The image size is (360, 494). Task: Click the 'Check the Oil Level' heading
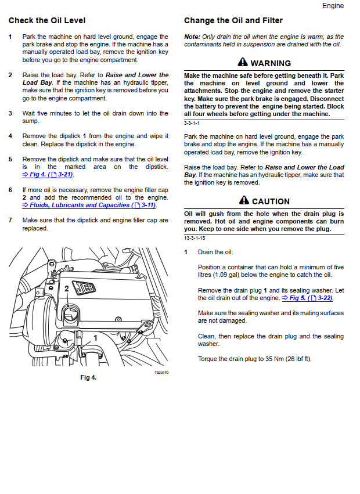pos(47,21)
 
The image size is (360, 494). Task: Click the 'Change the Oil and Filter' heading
pos(233,21)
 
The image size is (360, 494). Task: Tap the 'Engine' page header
pos(333,6)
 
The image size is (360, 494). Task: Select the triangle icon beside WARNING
pos(243,63)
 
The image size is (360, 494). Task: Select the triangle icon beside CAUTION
pos(244,201)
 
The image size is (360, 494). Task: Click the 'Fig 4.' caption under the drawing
pos(88,377)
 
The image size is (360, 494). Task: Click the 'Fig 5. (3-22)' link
pos(307,298)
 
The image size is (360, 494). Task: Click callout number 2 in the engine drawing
pos(67,289)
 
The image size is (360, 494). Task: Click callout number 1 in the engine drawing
pos(95,337)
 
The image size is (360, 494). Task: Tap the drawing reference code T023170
pos(161,373)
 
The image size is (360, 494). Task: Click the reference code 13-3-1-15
pos(194,238)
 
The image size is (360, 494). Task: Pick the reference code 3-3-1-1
pos(192,123)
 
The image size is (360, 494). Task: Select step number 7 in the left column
pos(10,221)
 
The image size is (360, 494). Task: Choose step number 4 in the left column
pos(10,136)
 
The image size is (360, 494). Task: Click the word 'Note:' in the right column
pos(192,37)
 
